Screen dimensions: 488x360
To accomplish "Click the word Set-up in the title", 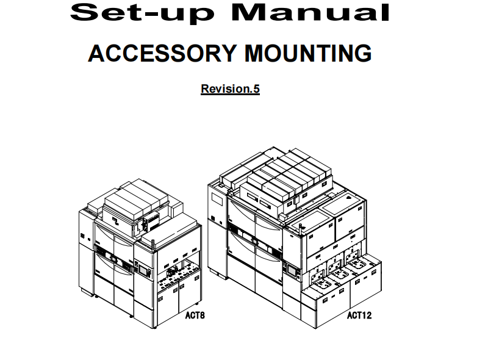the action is coord(143,13).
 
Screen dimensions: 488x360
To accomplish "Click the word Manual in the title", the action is coord(310,12).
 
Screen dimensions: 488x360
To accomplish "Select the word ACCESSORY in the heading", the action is coord(162,53).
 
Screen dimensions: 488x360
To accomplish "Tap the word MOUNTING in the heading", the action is coord(308,53).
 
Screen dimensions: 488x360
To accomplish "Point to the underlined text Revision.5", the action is coord(231,88).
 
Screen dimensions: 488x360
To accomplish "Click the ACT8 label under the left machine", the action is coord(195,315).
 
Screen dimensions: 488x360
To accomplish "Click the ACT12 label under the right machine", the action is coord(359,315).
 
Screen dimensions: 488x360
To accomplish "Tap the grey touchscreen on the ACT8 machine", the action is coord(143,269).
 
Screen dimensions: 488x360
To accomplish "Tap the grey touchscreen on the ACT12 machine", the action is coord(292,270).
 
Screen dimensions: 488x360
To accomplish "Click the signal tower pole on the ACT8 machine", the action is coord(153,245).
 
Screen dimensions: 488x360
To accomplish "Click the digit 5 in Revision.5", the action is coord(256,88).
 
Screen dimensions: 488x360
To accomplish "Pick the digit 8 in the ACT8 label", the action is coord(203,315).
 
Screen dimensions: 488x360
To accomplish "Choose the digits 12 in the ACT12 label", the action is coord(367,315).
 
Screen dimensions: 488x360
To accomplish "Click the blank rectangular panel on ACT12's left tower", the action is coord(217,199).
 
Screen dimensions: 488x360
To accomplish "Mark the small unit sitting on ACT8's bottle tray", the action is coord(171,273).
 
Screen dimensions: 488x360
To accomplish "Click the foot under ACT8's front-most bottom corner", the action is coord(154,327).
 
